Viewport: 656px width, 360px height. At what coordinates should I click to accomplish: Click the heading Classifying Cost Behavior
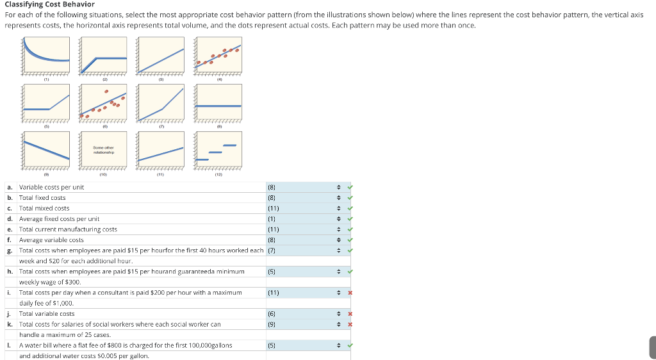tap(49, 4)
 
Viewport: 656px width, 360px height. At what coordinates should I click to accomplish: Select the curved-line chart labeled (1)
tap(47, 56)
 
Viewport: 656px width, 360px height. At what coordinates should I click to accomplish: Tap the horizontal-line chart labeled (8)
tap(218, 104)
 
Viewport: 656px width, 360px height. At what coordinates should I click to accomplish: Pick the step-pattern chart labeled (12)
tap(218, 151)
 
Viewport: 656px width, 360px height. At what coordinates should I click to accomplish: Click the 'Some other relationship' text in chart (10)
tap(103, 150)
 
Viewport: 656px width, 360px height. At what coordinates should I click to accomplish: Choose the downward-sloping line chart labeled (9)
tap(47, 151)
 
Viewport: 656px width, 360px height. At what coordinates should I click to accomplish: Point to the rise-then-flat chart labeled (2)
tap(103, 56)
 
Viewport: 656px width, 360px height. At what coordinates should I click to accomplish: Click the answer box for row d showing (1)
tap(301, 219)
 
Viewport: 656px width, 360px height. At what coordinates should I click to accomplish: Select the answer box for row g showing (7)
tap(301, 250)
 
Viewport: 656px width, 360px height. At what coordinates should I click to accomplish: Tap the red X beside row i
tap(349, 293)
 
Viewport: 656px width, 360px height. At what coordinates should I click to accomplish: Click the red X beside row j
tap(349, 314)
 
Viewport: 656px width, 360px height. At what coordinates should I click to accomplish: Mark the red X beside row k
tap(349, 324)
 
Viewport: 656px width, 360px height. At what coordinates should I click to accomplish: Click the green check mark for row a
tap(349, 187)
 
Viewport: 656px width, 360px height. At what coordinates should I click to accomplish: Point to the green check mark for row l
tap(349, 345)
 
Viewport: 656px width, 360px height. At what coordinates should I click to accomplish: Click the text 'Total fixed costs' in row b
tap(42, 198)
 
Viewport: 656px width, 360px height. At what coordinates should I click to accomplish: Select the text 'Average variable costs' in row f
tap(51, 240)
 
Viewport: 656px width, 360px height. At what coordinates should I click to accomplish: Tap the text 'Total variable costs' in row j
tap(47, 314)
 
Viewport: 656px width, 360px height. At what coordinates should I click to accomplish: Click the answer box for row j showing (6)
tap(301, 314)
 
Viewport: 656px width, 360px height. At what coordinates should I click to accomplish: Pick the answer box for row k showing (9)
tap(301, 324)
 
